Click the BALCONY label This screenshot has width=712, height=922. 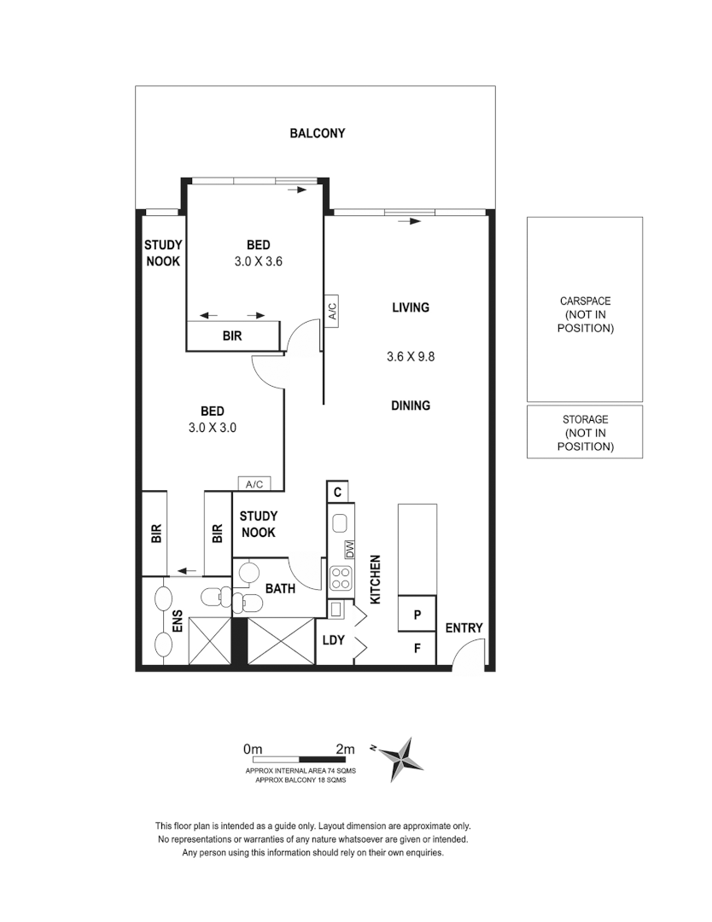[317, 133]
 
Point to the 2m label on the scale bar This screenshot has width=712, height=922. [345, 749]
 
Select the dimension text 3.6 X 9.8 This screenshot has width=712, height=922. [411, 358]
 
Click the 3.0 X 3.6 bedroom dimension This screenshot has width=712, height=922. [258, 263]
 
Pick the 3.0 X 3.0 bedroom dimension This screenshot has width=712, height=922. [212, 429]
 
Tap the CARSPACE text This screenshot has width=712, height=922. [585, 301]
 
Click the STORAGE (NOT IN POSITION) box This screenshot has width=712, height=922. [585, 433]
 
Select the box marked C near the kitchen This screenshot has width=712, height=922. [338, 493]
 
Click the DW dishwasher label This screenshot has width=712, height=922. [349, 549]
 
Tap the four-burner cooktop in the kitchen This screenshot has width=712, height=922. [341, 578]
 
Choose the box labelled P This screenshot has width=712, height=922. [417, 615]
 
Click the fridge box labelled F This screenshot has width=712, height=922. [417, 648]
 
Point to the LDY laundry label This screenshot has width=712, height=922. [333, 640]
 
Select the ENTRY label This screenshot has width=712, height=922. [464, 628]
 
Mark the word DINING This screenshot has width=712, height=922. [411, 406]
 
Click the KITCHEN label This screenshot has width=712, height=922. [374, 580]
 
